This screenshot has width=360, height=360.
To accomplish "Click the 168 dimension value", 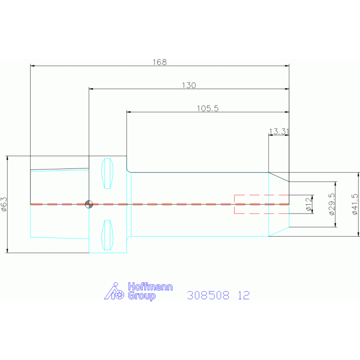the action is (160, 62).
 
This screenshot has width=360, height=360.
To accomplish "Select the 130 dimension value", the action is (189, 85).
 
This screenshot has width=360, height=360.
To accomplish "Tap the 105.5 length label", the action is (207, 108).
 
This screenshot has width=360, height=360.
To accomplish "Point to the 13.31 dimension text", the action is (279, 131).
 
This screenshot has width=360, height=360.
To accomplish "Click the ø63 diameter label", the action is (4, 204).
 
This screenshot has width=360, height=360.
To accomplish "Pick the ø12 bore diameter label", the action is (309, 204).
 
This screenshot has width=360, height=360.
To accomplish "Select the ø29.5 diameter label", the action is (332, 204).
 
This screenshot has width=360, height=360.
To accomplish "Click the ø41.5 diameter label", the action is (355, 204).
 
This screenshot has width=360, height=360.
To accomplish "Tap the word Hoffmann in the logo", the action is (150, 287).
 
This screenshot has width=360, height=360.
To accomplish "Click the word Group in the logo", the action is (142, 296).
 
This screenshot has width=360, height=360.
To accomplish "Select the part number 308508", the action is (208, 295).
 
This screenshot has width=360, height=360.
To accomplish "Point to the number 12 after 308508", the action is (244, 295).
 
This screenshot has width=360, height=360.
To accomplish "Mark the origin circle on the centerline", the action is (89, 204).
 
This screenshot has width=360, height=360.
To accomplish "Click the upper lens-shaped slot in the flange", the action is (107, 173).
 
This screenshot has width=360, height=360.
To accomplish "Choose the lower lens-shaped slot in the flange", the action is (107, 235).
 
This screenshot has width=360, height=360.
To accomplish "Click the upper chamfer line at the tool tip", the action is (279, 177).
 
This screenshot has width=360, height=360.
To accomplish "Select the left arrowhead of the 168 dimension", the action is (32, 66).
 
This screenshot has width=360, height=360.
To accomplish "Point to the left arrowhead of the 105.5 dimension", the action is (129, 112).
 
